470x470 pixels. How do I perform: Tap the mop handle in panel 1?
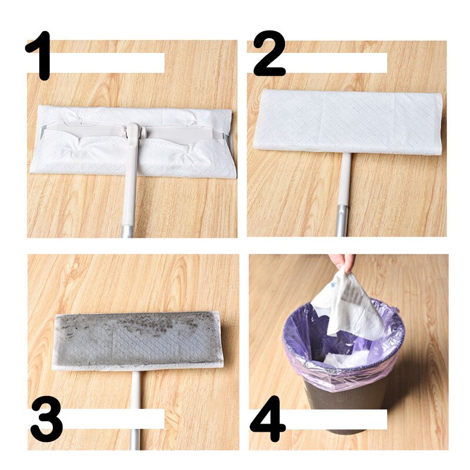click(129, 194)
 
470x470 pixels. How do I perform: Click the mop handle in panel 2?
click(343, 194)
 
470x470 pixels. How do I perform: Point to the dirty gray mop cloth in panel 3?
click(138, 341)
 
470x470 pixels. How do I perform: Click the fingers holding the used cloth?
click(343, 261)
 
